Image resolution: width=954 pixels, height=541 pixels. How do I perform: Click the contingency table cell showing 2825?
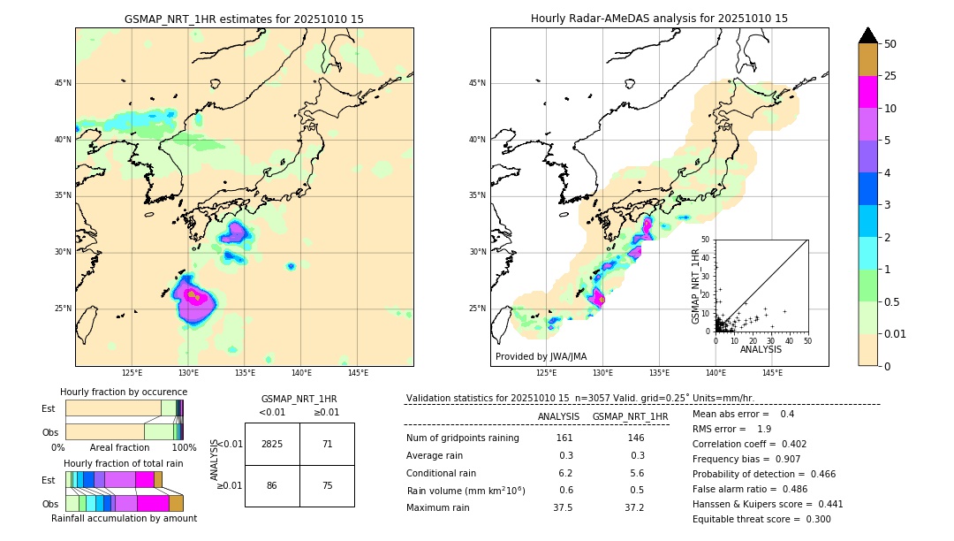[272, 444]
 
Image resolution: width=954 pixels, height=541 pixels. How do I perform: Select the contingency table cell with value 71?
[327, 444]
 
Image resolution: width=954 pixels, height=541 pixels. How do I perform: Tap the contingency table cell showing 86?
[272, 485]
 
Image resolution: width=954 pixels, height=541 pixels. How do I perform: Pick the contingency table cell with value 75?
[327, 485]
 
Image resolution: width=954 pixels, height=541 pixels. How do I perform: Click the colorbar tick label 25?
[890, 76]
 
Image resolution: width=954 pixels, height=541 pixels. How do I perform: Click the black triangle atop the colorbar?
[868, 35]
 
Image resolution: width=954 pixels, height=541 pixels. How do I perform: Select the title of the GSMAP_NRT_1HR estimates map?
[244, 19]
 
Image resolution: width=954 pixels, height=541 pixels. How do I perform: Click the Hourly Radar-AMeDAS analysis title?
[659, 19]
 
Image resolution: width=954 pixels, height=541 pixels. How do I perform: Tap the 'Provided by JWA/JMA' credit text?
[541, 356]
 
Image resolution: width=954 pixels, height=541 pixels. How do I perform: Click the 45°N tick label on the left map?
[63, 83]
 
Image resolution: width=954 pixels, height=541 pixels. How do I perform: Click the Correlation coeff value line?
[749, 445]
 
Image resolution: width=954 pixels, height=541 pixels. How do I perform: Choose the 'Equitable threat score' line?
[761, 519]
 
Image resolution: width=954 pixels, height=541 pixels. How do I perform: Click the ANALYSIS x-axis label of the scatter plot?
[761, 349]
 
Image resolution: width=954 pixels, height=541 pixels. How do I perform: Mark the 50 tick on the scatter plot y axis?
[706, 240]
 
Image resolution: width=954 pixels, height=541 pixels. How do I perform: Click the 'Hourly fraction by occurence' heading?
[124, 392]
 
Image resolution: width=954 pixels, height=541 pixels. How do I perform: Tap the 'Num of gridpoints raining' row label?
[462, 438]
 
